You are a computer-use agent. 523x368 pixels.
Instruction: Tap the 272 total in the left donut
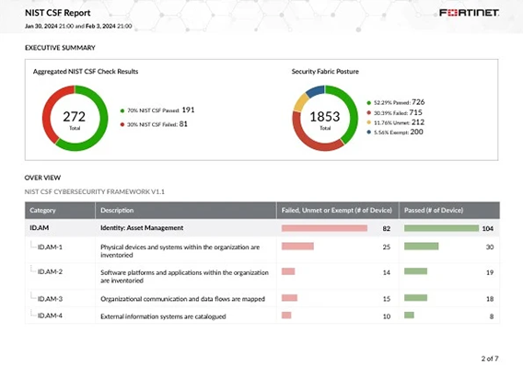pos(75,118)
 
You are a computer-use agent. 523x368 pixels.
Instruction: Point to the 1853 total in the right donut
pos(325,118)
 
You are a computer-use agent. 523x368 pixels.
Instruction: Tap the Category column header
pos(43,210)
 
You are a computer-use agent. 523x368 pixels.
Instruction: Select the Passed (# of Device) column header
pos(434,210)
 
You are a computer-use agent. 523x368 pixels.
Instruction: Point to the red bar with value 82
pos(324,227)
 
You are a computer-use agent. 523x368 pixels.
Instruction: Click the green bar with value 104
pos(441,227)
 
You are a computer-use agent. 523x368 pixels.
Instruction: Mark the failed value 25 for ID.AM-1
pos(387,247)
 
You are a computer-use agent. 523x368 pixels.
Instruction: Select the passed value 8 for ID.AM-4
pos(491,316)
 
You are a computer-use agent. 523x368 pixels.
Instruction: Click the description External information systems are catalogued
pos(161,316)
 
